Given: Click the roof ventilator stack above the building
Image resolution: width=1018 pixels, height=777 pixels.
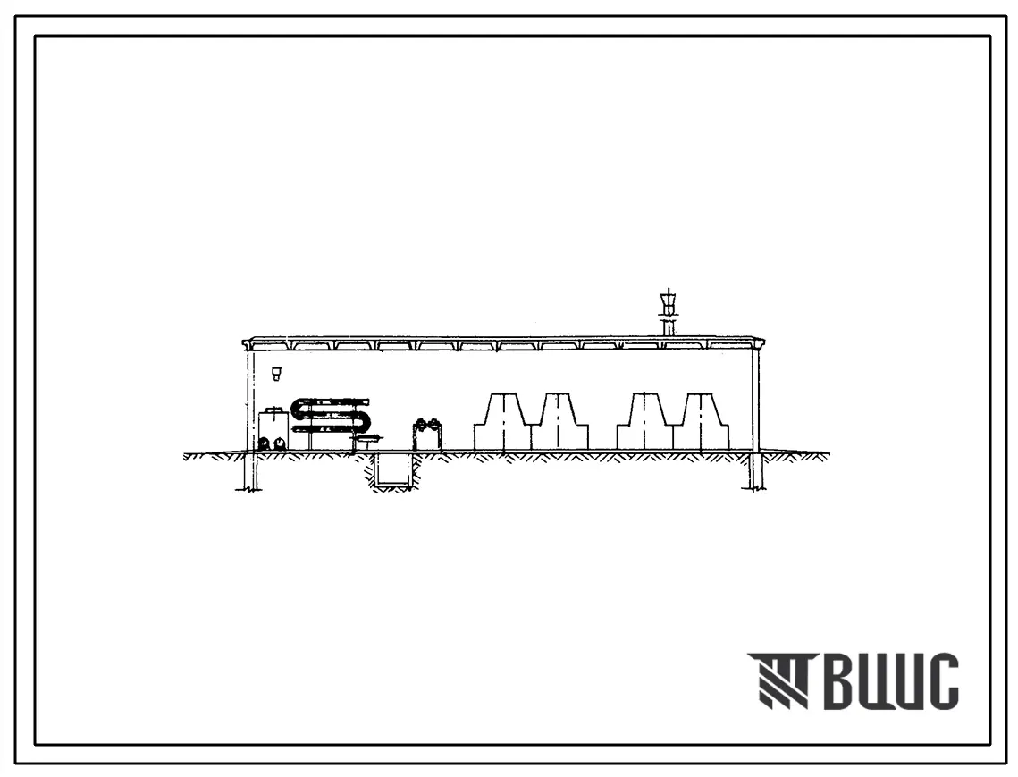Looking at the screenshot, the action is point(667,313).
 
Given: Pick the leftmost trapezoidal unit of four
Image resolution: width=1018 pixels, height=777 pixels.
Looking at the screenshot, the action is point(502,421).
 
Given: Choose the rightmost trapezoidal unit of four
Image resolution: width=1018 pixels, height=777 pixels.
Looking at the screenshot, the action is point(702,421).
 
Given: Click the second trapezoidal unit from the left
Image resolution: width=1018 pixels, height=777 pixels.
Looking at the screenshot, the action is point(559,421).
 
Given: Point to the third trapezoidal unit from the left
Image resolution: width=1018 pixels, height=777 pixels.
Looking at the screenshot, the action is point(644,421).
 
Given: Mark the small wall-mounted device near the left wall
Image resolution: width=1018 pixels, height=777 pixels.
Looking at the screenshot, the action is point(276,373).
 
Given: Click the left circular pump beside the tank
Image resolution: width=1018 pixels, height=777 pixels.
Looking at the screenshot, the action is point(265,443).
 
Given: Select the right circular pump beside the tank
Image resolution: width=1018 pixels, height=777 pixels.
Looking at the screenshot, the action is point(280,443).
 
